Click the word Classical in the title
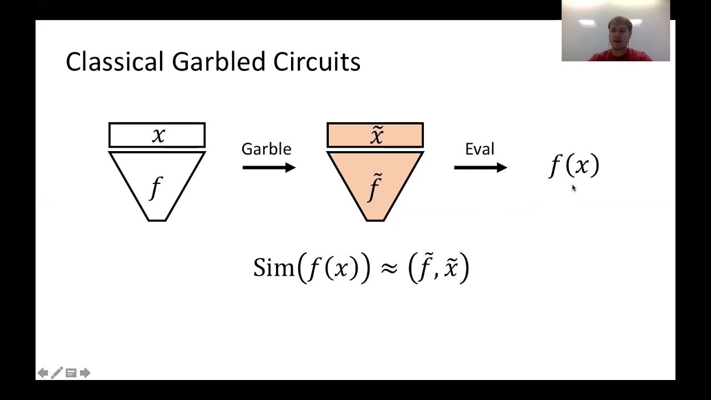pyautogui.click(x=114, y=61)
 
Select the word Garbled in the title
pyautogui.click(x=218, y=61)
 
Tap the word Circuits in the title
pyautogui.click(x=317, y=61)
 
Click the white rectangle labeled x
pyautogui.click(x=157, y=135)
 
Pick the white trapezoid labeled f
pyautogui.click(x=157, y=186)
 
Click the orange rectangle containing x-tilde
pyautogui.click(x=375, y=135)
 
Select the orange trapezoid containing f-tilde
pyautogui.click(x=375, y=186)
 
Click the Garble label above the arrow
pyautogui.click(x=266, y=149)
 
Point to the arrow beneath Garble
pyautogui.click(x=269, y=167)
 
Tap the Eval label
pyautogui.click(x=479, y=149)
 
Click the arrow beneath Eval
pyautogui.click(x=480, y=167)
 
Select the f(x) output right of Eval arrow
pyautogui.click(x=574, y=166)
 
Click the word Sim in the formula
pyautogui.click(x=274, y=268)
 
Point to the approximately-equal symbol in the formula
pyautogui.click(x=389, y=268)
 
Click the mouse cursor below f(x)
pyautogui.click(x=574, y=188)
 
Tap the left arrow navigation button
pyautogui.click(x=43, y=373)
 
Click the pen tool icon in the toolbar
pyautogui.click(x=57, y=373)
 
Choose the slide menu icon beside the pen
pyautogui.click(x=71, y=373)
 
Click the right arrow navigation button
pyautogui.click(x=85, y=373)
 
